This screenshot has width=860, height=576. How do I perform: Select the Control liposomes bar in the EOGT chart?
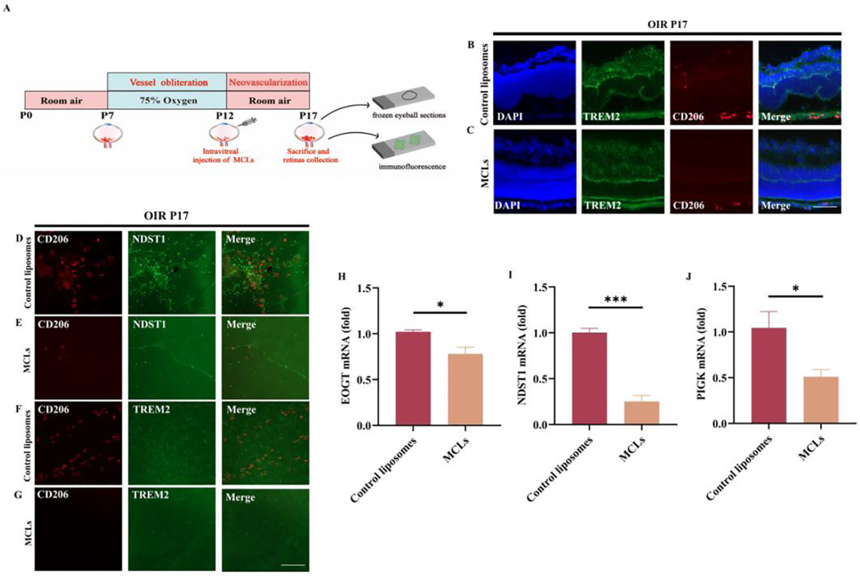(418, 378)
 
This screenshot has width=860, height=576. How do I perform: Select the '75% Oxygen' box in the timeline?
(167, 100)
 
